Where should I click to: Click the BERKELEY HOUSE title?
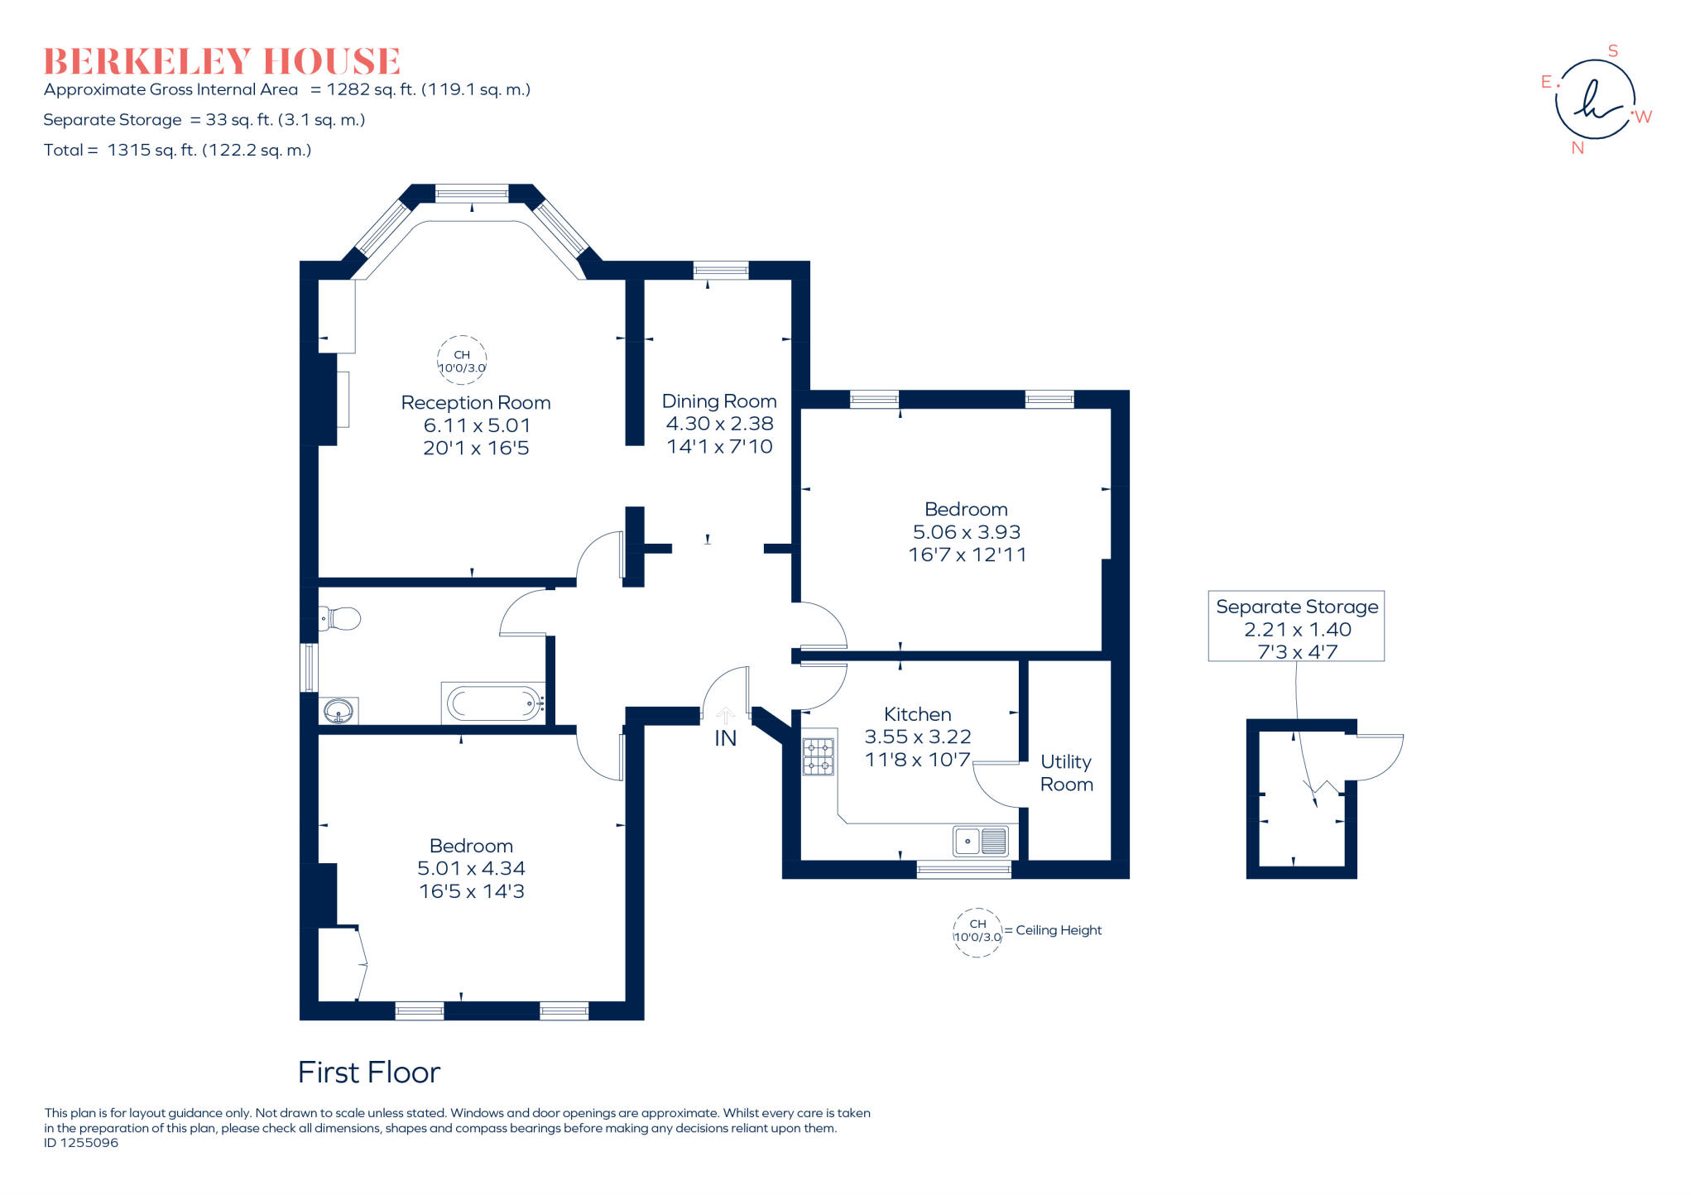[222, 62]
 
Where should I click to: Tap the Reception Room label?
[476, 403]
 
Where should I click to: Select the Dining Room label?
[719, 401]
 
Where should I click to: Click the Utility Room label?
[1066, 773]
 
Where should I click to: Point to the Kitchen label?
[917, 714]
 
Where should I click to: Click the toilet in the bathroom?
[339, 618]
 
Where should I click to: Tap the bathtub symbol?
[494, 703]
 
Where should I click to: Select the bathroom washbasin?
[339, 711]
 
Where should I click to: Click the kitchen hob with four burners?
[818, 756]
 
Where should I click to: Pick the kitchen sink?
[981, 841]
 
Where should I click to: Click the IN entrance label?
[725, 738]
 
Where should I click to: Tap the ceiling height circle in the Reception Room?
[462, 360]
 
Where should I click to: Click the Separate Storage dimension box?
[1296, 626]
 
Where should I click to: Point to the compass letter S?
[1612, 51]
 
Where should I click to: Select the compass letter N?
[1577, 148]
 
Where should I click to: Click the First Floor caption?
[369, 1073]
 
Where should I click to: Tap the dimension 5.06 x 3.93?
[967, 532]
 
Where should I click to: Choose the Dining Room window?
[721, 270]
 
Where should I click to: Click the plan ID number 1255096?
[89, 1143]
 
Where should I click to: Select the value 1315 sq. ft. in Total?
[152, 151]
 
